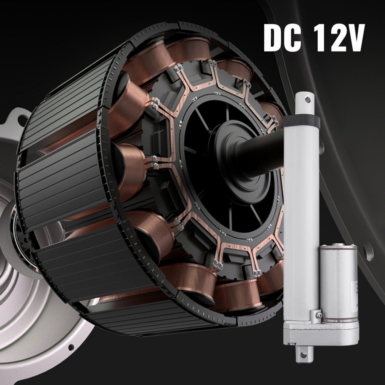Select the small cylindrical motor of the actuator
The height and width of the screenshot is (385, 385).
[338, 283]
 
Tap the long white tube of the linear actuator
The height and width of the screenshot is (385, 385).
[300, 216]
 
